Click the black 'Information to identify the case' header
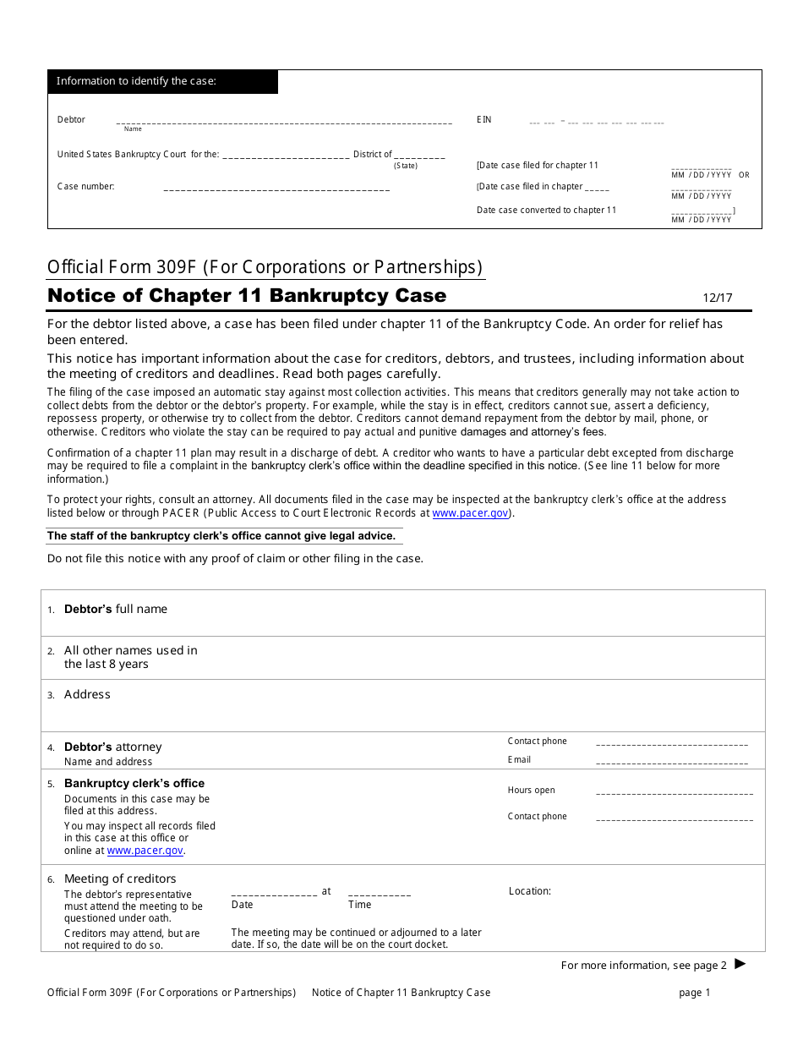(x=162, y=82)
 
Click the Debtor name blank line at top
(x=283, y=123)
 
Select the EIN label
(x=483, y=120)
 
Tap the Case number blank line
(x=276, y=189)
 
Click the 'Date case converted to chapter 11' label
(x=546, y=211)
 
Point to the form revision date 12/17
(x=717, y=298)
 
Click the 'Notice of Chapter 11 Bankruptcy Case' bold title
(x=247, y=296)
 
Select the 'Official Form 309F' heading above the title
(x=265, y=267)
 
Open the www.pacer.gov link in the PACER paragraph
(x=470, y=513)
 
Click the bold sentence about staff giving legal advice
(x=221, y=536)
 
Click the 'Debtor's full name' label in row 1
(x=116, y=610)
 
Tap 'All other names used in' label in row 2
(x=130, y=650)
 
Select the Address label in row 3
(x=87, y=695)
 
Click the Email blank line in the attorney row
(x=671, y=763)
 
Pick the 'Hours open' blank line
(x=674, y=793)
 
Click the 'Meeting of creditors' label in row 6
(x=120, y=879)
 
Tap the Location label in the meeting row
(x=529, y=891)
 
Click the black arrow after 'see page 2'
(x=740, y=964)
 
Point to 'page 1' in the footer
(x=694, y=993)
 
